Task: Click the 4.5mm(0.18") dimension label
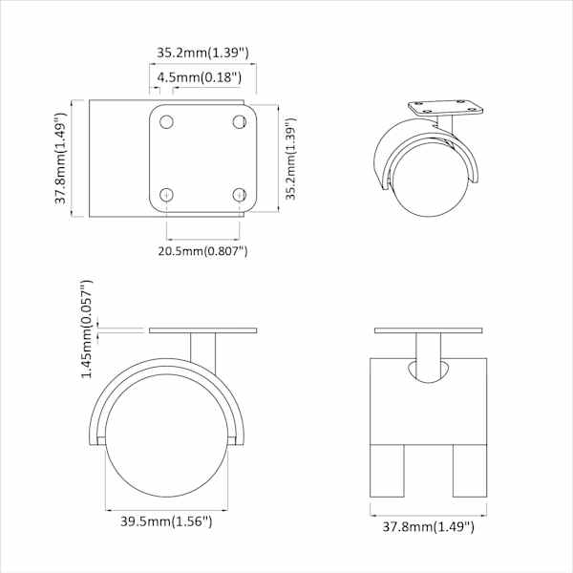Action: pos(200,77)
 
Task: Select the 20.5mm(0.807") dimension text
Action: pos(202,251)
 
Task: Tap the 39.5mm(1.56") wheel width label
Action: pos(166,521)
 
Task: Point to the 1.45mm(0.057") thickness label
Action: pos(87,329)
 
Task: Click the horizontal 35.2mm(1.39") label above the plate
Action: pos(202,53)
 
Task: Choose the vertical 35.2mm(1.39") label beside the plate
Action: pos(291,159)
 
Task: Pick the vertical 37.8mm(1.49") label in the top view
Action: pos(61,158)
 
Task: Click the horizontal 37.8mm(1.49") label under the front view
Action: pos(428,526)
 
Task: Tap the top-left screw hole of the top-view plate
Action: pos(166,121)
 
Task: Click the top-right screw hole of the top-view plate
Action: pos(240,121)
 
